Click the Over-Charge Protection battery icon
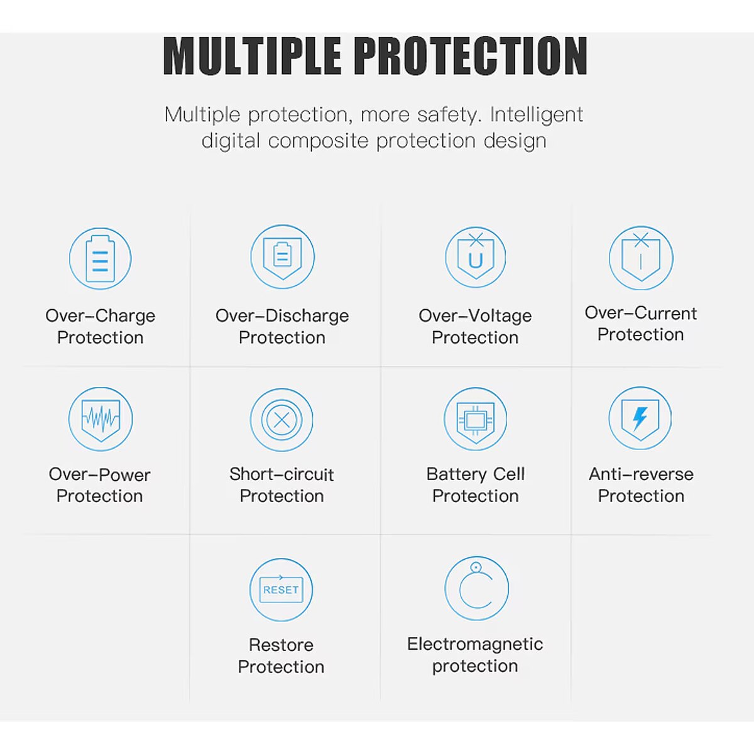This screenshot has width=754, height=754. click(x=100, y=259)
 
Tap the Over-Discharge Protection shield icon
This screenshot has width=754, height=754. click(x=283, y=257)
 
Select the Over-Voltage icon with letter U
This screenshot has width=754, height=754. click(x=476, y=257)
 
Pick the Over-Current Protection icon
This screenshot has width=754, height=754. click(x=641, y=258)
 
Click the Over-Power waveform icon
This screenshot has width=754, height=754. click(x=101, y=419)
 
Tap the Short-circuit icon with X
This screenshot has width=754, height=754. click(x=281, y=420)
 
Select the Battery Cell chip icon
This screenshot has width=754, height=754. click(x=476, y=419)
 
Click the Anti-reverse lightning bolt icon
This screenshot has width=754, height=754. click(x=640, y=418)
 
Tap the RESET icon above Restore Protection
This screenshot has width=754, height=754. click(x=281, y=589)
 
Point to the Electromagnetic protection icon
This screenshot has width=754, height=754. click(x=476, y=588)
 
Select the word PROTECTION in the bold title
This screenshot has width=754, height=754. click(x=473, y=55)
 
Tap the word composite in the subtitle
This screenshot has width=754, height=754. click(x=318, y=141)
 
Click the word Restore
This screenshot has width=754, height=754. click(x=281, y=645)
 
